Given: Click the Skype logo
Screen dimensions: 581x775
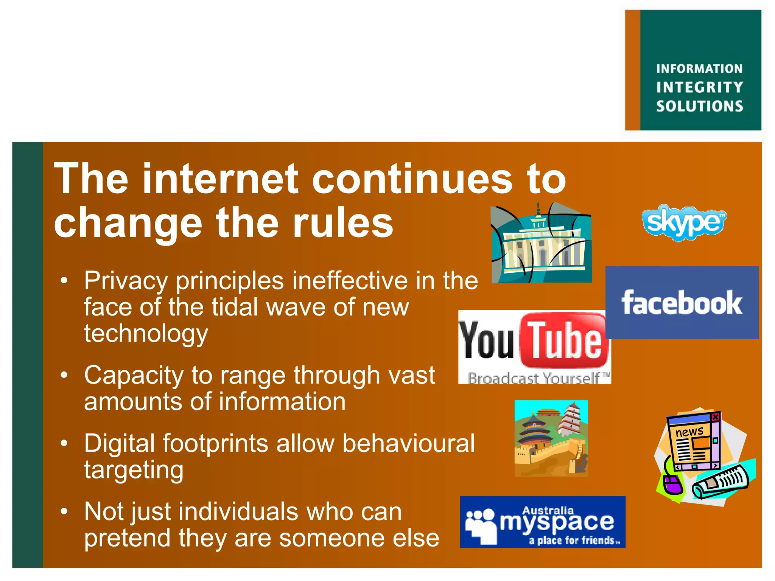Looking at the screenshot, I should tap(684, 222).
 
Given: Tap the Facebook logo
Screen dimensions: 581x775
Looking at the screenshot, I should tap(682, 303).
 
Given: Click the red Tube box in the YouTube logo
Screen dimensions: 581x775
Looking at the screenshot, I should tap(564, 340).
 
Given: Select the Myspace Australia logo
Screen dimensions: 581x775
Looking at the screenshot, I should tap(542, 522).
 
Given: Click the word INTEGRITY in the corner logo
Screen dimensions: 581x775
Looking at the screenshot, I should tap(700, 87).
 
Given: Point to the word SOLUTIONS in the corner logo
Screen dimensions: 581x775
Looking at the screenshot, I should tap(700, 106).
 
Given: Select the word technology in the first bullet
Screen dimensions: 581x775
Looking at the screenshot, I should tap(146, 334).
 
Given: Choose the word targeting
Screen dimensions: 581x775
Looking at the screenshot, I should tap(134, 470).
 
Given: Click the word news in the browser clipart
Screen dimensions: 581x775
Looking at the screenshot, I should tap(689, 432).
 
